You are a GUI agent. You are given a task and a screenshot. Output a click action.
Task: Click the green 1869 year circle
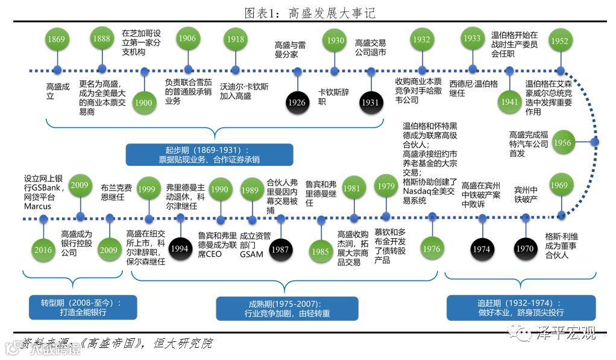(x=56, y=40)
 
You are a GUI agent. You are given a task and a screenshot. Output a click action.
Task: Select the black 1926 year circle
(x=297, y=103)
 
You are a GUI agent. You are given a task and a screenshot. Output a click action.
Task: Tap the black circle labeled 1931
(x=369, y=103)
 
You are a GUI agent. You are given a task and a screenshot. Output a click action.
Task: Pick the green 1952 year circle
(x=560, y=40)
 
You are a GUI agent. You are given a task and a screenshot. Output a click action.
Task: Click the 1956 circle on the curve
(x=562, y=143)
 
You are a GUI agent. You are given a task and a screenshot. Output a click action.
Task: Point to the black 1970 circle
(x=525, y=248)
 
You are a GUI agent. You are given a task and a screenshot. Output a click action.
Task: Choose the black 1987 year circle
(x=279, y=249)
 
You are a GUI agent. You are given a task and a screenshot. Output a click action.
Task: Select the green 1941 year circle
(x=509, y=102)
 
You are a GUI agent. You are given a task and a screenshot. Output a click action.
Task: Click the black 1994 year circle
(x=178, y=248)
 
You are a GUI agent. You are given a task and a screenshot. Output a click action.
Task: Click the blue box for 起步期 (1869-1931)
(x=209, y=154)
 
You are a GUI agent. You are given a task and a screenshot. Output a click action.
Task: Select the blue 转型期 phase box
(x=76, y=308)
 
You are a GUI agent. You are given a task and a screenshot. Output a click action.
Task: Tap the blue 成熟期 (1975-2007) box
(x=287, y=308)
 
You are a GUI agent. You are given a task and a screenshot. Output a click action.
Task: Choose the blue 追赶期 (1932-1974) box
(x=521, y=308)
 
